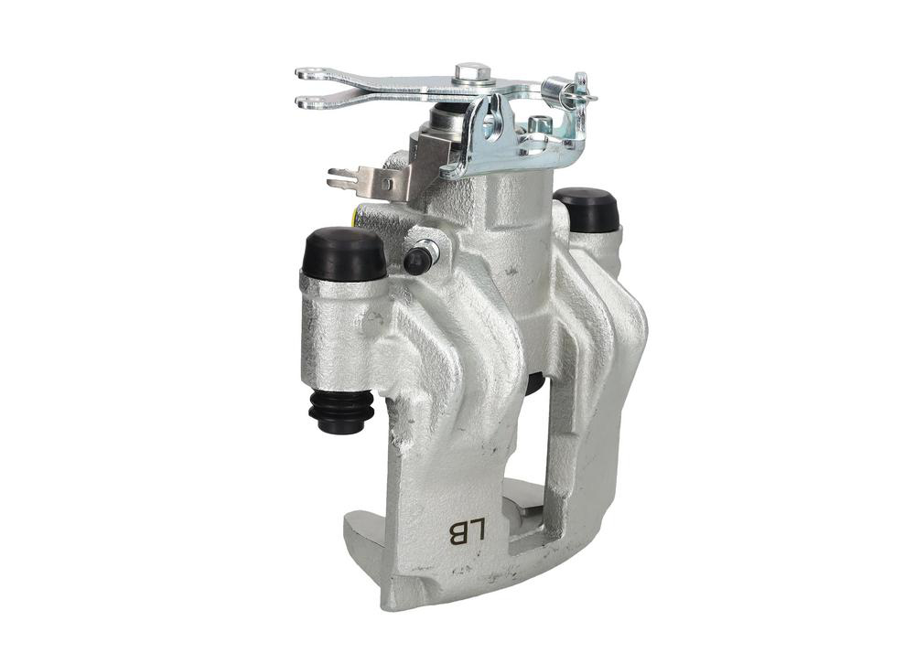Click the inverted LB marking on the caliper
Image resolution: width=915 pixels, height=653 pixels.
click(x=467, y=531)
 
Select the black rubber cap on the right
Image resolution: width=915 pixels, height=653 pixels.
click(x=587, y=208)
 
